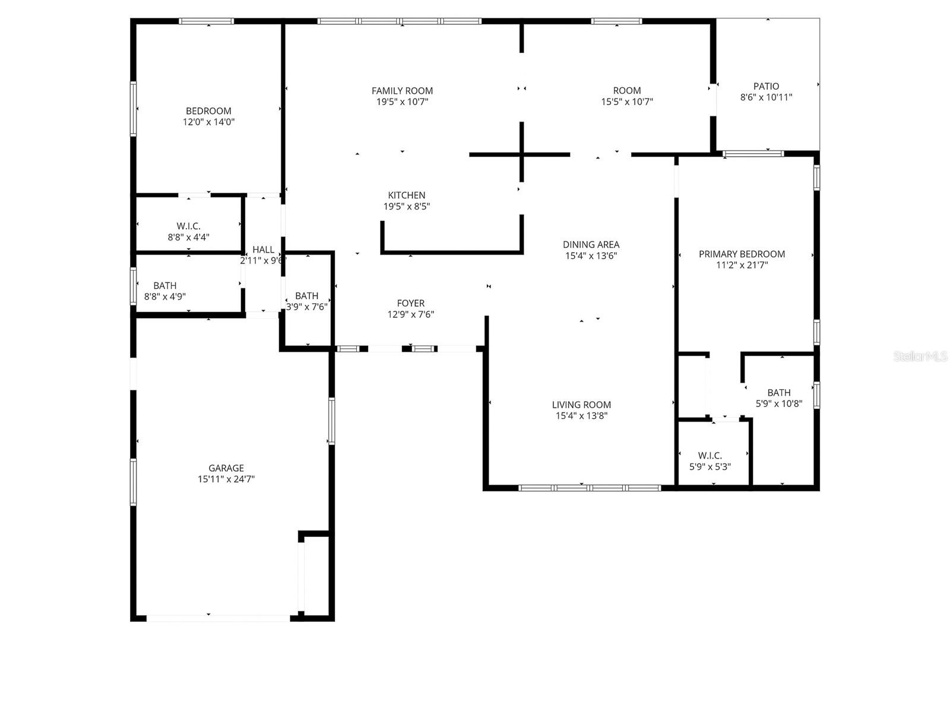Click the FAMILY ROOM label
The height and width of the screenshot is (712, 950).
coord(402,91)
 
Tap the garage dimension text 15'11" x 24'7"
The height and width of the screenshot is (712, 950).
coord(226,479)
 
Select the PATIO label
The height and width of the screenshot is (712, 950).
coord(766,87)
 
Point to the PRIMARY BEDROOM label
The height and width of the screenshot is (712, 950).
coord(742,254)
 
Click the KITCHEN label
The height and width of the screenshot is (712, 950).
coord(407,195)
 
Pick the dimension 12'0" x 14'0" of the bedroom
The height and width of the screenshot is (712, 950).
coord(208,122)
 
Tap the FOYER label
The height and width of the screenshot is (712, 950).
coord(411,303)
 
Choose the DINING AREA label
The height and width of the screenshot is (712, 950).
coord(591,244)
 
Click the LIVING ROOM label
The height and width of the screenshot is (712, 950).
coord(581,405)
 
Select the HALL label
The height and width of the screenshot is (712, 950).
coord(263,250)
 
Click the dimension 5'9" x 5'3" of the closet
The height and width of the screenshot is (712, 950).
coord(710,467)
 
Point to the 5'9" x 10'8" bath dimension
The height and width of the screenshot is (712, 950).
coord(779,403)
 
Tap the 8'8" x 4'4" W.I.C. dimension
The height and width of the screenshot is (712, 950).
coord(188,237)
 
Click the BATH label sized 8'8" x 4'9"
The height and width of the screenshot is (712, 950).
coord(165,285)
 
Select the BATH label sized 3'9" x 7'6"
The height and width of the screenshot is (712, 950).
coord(306,295)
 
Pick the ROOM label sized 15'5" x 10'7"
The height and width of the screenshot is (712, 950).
coord(627,91)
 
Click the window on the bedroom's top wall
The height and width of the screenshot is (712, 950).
coord(207,21)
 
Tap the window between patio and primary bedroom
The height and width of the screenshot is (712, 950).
coord(753,154)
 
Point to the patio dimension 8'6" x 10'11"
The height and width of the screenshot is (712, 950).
coord(766,97)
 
